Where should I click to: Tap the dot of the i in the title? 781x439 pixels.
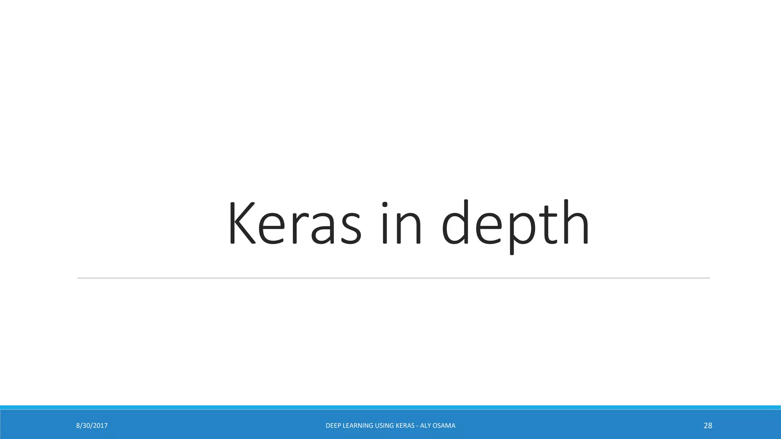coord(385,205)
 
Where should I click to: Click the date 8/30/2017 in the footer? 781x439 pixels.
coord(92,426)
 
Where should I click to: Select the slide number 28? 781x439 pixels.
coord(708,426)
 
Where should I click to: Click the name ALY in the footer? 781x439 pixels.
coord(426,426)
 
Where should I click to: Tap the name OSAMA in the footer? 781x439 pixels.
coord(444,426)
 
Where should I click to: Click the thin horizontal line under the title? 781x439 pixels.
coord(393,278)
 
